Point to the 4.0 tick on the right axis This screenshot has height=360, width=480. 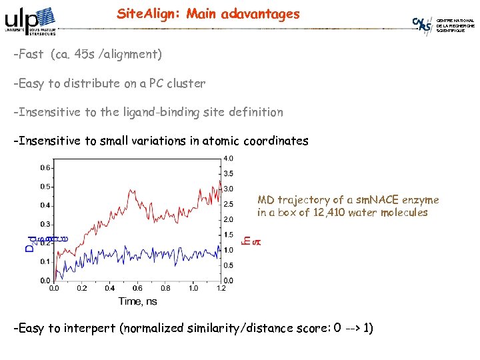(x=228, y=159)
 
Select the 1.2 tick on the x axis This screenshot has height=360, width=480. (x=221, y=288)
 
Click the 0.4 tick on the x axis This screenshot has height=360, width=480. (x=109, y=288)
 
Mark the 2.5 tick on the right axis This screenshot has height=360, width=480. (x=228, y=204)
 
